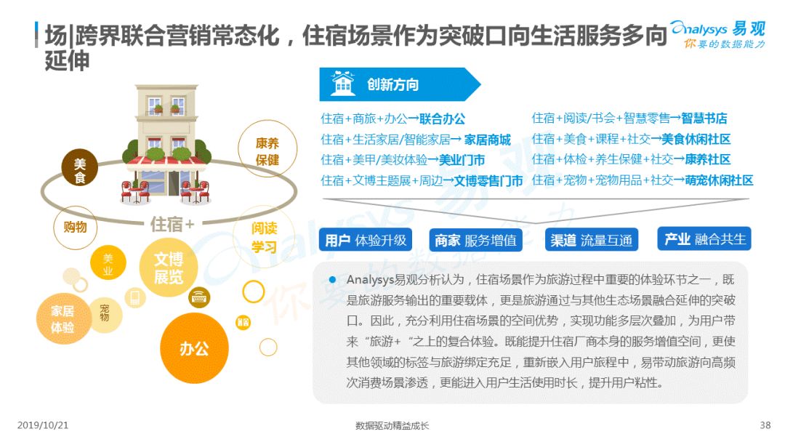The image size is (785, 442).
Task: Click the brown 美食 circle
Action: [79, 168]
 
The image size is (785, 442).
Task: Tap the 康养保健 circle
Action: [267, 149]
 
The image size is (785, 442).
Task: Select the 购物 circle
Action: [75, 228]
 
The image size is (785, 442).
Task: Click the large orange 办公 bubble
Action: [194, 348]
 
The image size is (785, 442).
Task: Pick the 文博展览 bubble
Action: [169, 268]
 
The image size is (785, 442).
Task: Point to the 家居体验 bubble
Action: [63, 319]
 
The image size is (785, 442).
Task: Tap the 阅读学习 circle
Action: [264, 238]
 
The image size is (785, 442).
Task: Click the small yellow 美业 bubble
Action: [108, 264]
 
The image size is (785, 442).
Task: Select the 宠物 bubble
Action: [105, 314]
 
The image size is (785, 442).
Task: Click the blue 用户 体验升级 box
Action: [366, 241]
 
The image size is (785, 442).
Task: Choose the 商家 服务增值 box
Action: [475, 241]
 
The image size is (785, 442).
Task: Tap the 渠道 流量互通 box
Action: [591, 241]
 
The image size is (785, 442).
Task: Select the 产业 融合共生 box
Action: [704, 239]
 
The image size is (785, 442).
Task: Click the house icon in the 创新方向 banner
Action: [343, 84]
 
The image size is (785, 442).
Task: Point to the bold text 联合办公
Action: [442, 119]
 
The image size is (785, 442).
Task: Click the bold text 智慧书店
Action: [704, 118]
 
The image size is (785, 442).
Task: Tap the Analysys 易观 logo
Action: [718, 34]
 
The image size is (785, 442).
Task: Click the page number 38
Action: [765, 425]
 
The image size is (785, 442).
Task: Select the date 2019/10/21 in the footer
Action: [43, 425]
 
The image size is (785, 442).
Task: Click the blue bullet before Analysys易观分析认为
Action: [332, 280]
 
